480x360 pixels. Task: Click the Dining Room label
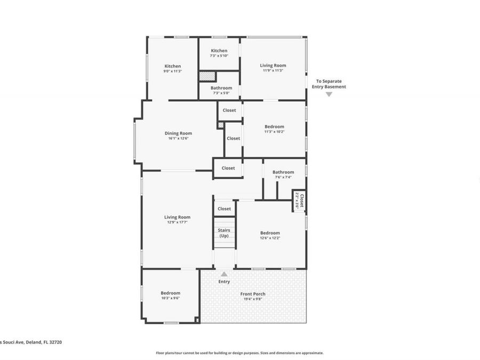pyautogui.click(x=178, y=135)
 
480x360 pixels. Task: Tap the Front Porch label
pyautogui.click(x=252, y=296)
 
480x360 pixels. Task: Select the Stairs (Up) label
pyautogui.click(x=224, y=233)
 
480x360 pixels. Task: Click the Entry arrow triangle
pyautogui.click(x=224, y=274)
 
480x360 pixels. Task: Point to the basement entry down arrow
pyautogui.click(x=329, y=94)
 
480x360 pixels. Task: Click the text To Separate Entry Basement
pyautogui.click(x=331, y=84)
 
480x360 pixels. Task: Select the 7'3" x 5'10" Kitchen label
pyautogui.click(x=219, y=53)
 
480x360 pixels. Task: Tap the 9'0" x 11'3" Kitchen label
pyautogui.click(x=172, y=68)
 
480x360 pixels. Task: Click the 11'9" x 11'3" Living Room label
pyautogui.click(x=273, y=67)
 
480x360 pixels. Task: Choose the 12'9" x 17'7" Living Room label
pyautogui.click(x=177, y=219)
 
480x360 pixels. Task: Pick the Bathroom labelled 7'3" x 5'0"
pyautogui.click(x=221, y=90)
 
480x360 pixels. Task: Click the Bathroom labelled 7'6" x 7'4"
pyautogui.click(x=283, y=174)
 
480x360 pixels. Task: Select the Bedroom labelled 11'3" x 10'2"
pyautogui.click(x=274, y=129)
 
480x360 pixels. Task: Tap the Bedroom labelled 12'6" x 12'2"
pyautogui.click(x=270, y=235)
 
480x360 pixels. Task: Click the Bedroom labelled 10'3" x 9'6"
pyautogui.click(x=171, y=295)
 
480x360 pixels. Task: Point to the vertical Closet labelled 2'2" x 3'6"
pyautogui.click(x=299, y=201)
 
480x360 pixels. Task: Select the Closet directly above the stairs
pyautogui.click(x=225, y=209)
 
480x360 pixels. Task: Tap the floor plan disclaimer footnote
pyautogui.click(x=239, y=353)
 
